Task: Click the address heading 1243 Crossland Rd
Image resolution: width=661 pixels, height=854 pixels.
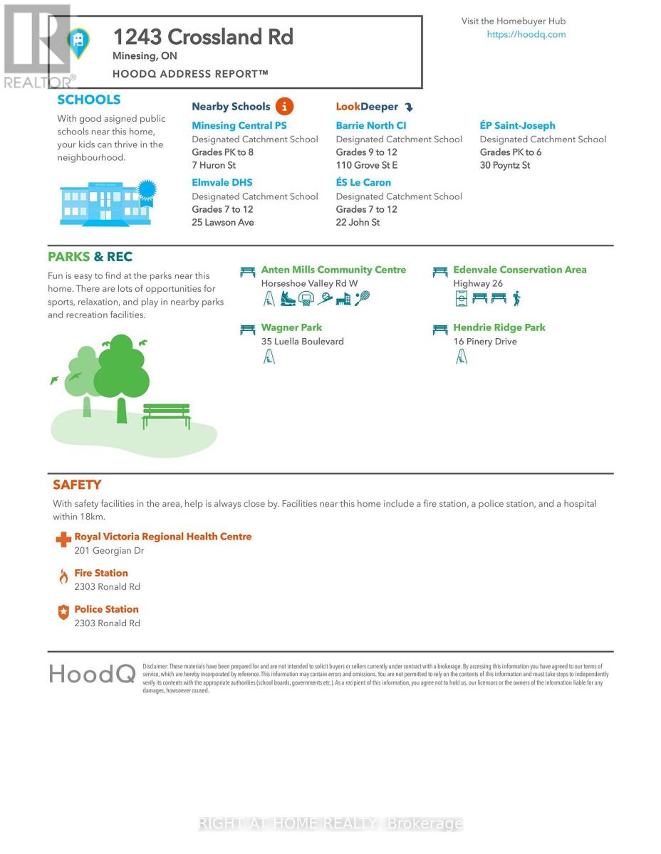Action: coord(203,37)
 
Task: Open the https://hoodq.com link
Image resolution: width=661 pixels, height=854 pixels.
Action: coord(526,34)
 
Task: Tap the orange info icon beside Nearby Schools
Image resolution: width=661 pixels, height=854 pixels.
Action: coord(284,107)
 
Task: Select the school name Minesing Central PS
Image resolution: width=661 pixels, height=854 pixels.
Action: coord(239,125)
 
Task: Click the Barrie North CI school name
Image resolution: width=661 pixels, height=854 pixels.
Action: coord(371,125)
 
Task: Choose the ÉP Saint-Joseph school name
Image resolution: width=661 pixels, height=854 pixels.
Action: coord(517,125)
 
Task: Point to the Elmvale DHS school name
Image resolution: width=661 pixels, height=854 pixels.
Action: coord(222,182)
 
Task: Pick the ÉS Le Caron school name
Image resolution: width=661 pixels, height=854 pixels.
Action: coord(363,182)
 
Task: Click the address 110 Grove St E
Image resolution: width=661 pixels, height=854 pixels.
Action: coord(367,165)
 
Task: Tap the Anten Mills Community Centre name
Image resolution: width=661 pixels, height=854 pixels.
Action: coord(333,270)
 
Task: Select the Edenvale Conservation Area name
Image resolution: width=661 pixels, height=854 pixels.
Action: coord(520,270)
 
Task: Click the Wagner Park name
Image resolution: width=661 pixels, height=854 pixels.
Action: coord(291,327)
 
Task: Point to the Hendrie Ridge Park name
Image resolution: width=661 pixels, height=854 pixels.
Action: coord(499,327)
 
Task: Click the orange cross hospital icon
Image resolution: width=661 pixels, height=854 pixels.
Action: coord(63,540)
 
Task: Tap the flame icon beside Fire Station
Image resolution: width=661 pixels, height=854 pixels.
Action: coord(63,577)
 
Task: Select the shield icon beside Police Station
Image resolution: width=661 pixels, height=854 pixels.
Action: coord(63,613)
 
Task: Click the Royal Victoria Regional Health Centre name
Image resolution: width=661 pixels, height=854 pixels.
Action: coord(163,537)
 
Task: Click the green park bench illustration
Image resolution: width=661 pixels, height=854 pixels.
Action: coord(167,416)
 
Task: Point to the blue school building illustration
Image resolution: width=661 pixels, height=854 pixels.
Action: coord(105,204)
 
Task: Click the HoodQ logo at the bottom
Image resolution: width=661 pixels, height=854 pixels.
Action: coord(92,673)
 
